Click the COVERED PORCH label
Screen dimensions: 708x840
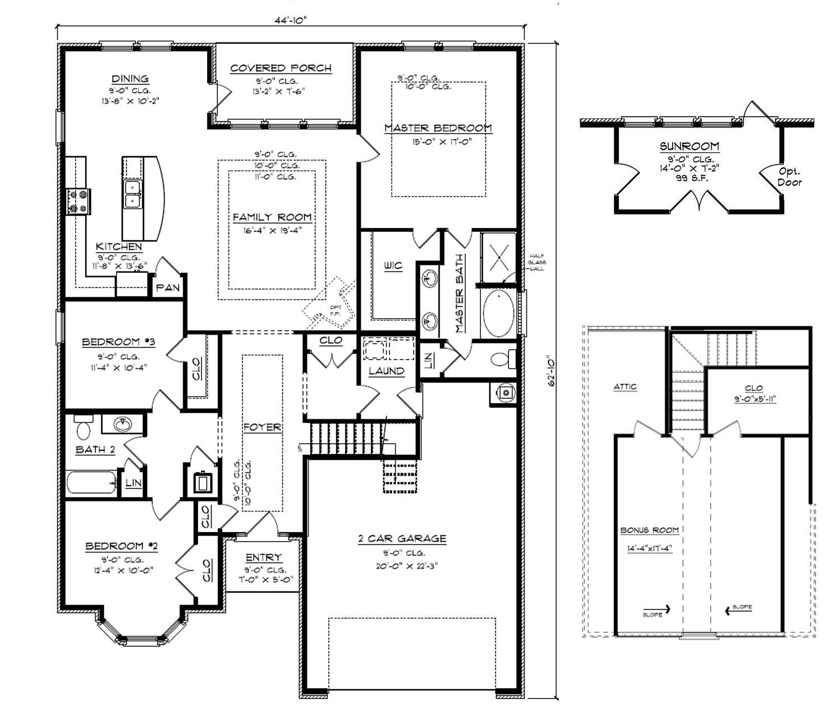point(281,68)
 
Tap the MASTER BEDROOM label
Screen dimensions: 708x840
point(438,128)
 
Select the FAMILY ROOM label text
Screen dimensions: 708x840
point(272,217)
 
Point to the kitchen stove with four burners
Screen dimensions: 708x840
point(78,202)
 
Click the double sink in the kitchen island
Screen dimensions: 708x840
point(133,194)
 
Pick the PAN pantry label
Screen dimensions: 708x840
point(167,288)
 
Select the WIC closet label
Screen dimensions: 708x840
point(393,265)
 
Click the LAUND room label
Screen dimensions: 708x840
point(386,371)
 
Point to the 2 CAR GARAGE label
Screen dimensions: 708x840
point(402,539)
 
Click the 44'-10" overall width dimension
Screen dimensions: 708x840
point(291,20)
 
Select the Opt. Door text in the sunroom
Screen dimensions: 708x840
point(789,176)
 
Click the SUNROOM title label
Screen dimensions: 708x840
point(689,147)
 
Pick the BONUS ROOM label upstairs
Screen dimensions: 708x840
point(649,530)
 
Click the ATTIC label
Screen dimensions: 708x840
point(625,386)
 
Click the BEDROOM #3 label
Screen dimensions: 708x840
point(118,342)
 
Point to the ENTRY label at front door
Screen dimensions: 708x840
point(263,558)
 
